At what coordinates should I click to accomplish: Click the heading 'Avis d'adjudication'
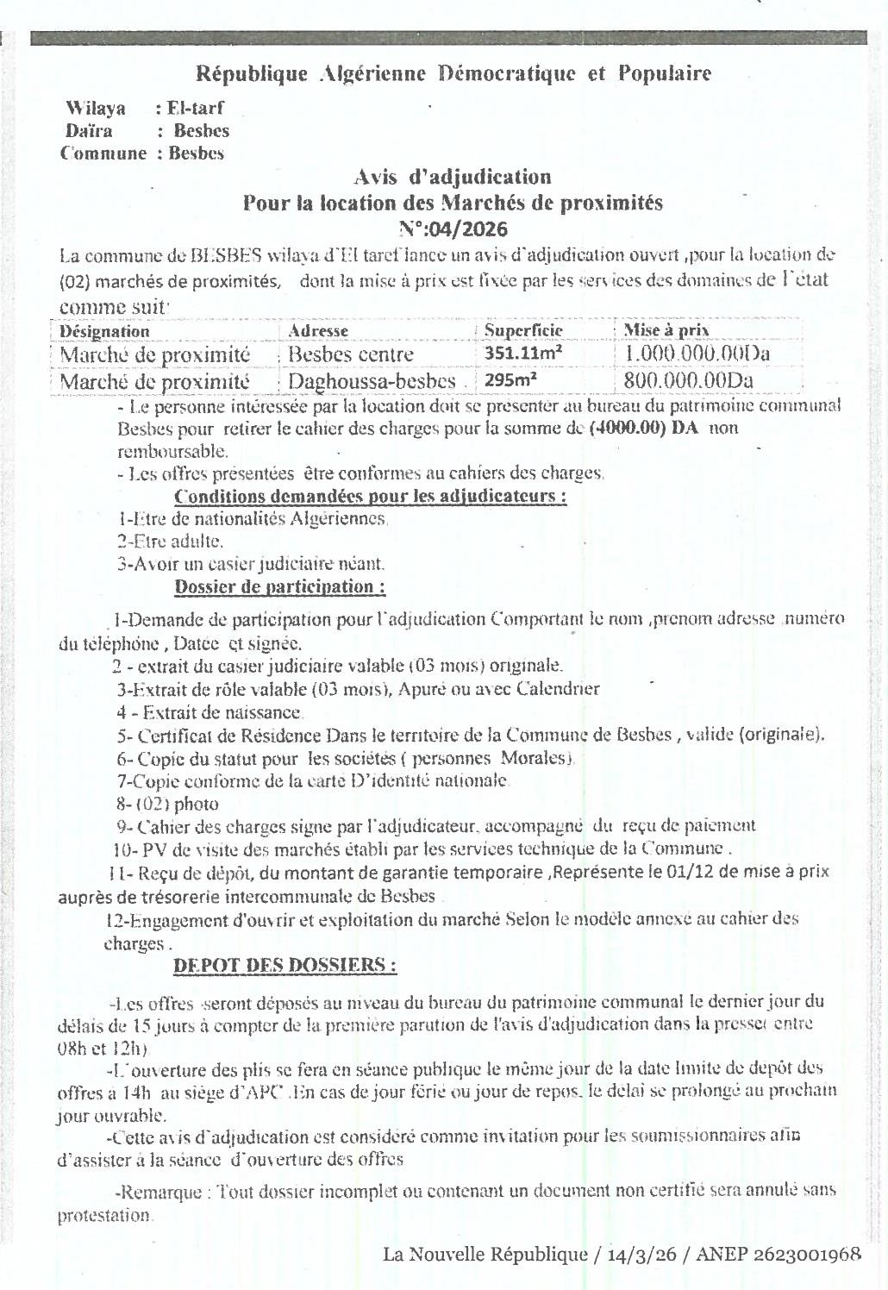click(453, 177)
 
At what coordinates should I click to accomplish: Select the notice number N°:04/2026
click(453, 229)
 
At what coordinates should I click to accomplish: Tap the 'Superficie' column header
click(523, 330)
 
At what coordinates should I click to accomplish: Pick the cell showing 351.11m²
click(523, 354)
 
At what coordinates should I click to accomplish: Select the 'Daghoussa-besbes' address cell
click(372, 381)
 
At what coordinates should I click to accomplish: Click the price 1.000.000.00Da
click(697, 354)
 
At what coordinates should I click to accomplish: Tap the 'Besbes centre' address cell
click(351, 354)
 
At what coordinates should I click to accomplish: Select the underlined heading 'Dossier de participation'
click(279, 587)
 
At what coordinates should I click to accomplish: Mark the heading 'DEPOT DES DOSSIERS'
click(285, 966)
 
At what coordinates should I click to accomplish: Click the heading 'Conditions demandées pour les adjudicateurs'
click(370, 497)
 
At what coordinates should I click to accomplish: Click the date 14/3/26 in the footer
click(640, 1255)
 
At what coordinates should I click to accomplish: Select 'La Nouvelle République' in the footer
click(485, 1255)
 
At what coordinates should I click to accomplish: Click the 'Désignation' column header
click(104, 331)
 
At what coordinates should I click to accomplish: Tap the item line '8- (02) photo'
click(167, 804)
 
